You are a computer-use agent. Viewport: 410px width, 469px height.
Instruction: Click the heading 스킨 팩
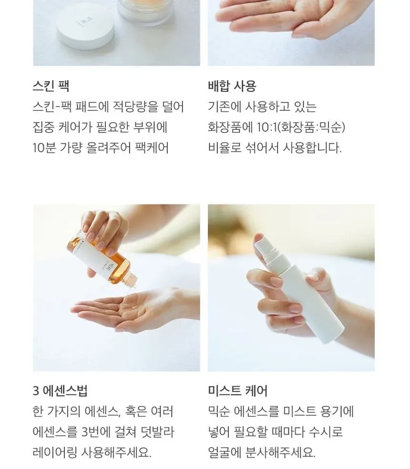51,86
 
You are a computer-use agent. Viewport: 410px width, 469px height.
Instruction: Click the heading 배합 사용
232,86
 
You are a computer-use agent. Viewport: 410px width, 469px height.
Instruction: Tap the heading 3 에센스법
60,391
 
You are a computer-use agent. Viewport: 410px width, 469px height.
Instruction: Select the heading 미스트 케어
238,391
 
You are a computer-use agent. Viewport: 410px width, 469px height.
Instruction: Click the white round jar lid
85,26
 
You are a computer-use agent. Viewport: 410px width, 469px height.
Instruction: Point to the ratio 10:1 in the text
266,127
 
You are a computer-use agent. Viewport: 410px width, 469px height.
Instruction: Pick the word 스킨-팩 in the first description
52,107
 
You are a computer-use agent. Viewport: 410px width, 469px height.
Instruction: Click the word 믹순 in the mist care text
219,411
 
